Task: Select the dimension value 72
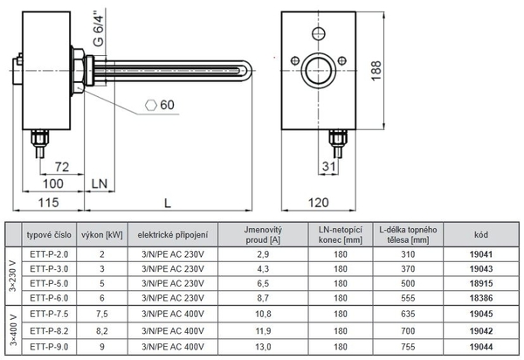tap(60, 166)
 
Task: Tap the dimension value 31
tap(326, 166)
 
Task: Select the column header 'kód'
tap(480, 234)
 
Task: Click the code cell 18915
tap(480, 284)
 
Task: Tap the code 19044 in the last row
tap(480, 347)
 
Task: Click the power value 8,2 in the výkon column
tap(102, 331)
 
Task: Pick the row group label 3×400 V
tap(11, 330)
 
